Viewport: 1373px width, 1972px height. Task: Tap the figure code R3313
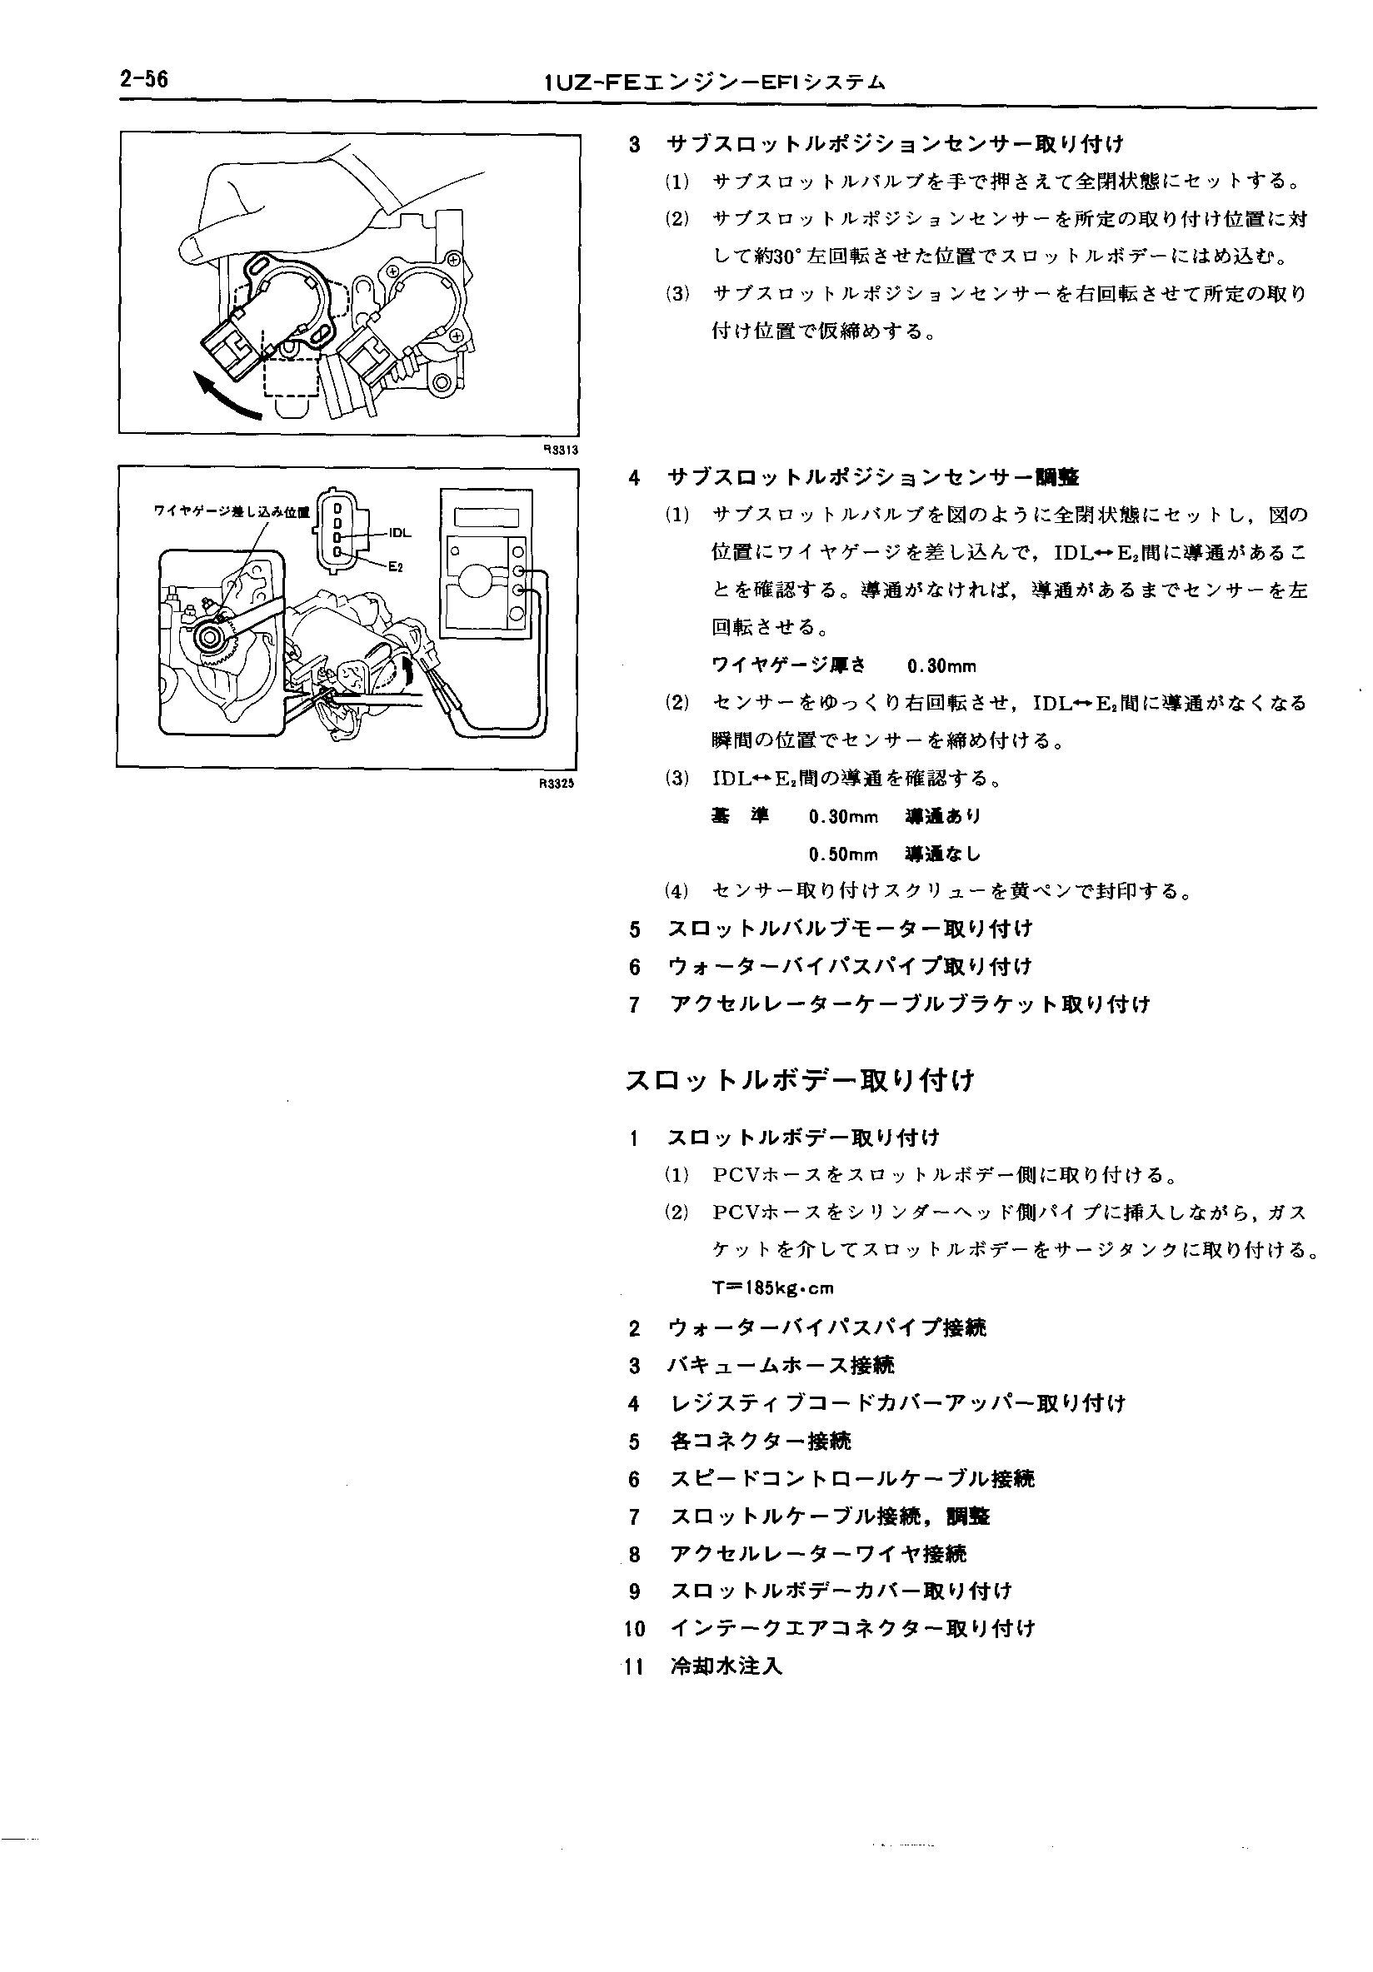tap(560, 449)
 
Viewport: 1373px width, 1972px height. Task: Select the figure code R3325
tap(556, 784)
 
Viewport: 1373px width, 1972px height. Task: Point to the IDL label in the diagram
tap(401, 532)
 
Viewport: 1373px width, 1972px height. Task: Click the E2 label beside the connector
tap(396, 567)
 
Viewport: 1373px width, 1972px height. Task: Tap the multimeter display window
tap(487, 518)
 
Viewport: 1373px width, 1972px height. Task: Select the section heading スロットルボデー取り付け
tap(800, 1079)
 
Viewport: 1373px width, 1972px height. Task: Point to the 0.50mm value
tap(843, 854)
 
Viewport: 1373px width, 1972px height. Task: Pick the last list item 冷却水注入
tap(726, 1666)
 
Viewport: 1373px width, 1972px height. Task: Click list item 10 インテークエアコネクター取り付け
tap(852, 1627)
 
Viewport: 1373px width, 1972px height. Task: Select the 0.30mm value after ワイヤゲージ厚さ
tap(941, 665)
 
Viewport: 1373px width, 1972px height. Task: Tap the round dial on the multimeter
tap(475, 581)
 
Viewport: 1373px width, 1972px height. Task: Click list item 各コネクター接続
tap(761, 1441)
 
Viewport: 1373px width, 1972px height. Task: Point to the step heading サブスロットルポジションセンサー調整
tap(873, 476)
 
